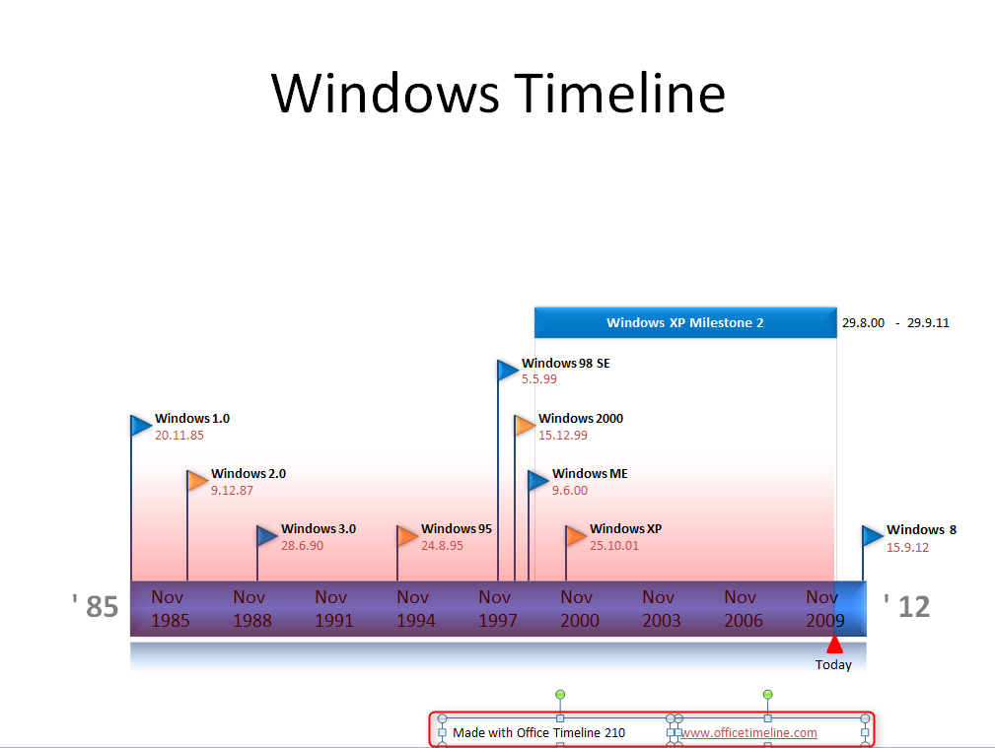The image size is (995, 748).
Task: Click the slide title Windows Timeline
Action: point(498,94)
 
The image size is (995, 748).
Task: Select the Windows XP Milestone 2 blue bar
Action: point(684,322)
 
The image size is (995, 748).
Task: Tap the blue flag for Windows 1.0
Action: point(142,425)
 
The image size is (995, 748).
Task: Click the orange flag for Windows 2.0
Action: point(198,480)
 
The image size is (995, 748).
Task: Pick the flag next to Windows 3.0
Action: point(267,535)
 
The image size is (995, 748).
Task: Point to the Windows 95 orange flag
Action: point(407,536)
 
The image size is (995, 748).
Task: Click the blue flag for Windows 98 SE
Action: point(508,370)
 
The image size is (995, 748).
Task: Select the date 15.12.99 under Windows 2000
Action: point(563,435)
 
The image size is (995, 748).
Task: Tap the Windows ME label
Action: point(590,473)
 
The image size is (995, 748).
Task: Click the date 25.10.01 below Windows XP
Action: point(614,545)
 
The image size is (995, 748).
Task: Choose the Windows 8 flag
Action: point(873,535)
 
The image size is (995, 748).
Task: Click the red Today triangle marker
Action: point(834,645)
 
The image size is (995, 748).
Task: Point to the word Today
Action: point(833,665)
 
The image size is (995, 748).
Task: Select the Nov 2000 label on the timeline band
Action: point(579,608)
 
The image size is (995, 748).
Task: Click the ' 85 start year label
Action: point(96,606)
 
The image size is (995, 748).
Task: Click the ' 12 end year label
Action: point(906,606)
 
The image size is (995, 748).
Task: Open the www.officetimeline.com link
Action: point(748,732)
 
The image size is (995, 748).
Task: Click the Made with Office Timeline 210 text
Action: point(538,732)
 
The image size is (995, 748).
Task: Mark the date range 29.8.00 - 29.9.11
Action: point(895,322)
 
